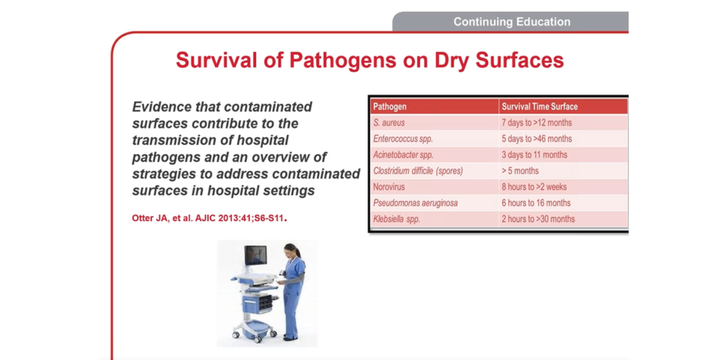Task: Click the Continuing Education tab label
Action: (511, 22)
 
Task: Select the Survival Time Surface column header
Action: (539, 107)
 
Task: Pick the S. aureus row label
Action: (389, 123)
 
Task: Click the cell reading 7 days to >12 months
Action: (536, 123)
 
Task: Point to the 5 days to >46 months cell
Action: (536, 139)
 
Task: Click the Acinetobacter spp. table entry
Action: (403, 155)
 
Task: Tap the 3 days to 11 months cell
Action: (534, 155)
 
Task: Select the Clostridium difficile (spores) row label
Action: (418, 171)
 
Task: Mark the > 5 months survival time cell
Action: (520, 171)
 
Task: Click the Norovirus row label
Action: (390, 187)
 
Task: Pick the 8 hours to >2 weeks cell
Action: (534, 187)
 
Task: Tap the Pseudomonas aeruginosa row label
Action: (416, 203)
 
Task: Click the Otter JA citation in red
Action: (209, 218)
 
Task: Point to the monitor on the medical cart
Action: (255, 255)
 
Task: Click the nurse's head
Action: (291, 250)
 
